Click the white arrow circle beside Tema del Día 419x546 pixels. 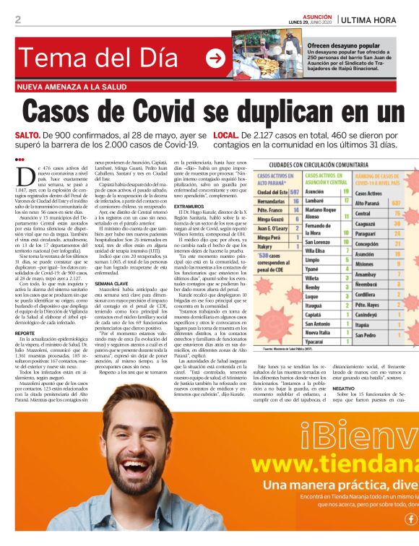point(215,59)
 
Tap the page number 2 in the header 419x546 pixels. point(18,19)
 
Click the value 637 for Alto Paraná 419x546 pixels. point(395,203)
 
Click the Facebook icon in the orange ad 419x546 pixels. point(411,518)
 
